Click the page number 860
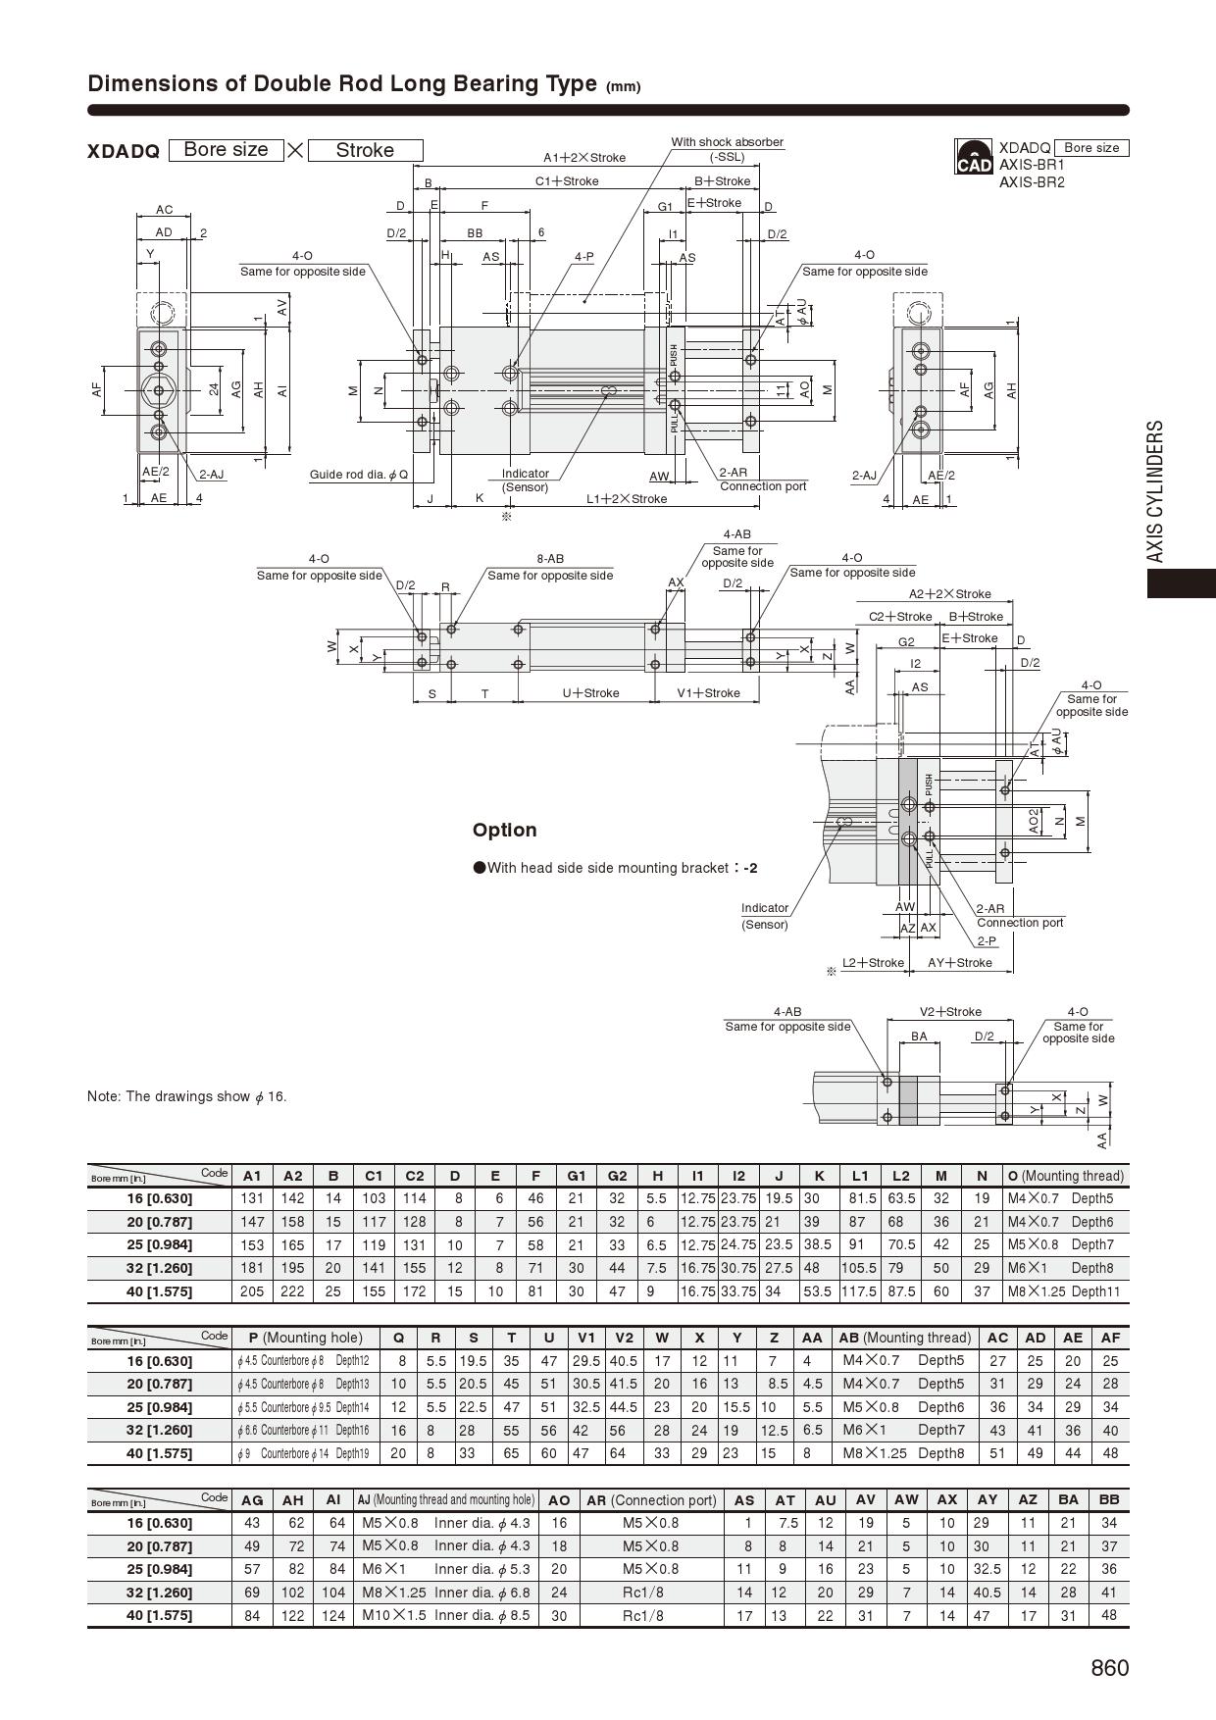(x=1109, y=1668)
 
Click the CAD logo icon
(x=974, y=158)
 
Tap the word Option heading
(x=504, y=830)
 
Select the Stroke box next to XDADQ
(x=365, y=150)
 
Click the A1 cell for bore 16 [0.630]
(x=252, y=1198)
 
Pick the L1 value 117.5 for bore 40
(x=860, y=1291)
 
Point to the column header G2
(x=617, y=1176)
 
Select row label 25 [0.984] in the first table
(x=160, y=1244)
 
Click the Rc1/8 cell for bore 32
(x=651, y=1593)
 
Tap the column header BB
(x=1109, y=1499)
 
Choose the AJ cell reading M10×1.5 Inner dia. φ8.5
(x=445, y=1615)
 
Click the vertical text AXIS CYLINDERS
(x=1156, y=491)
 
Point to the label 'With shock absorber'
(x=727, y=142)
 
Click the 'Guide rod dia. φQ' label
(x=359, y=475)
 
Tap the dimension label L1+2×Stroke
(x=627, y=499)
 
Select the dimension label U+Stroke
(x=590, y=693)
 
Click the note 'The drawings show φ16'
(x=187, y=1096)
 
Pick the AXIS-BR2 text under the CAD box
(x=1031, y=182)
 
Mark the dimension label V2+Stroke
(x=949, y=1012)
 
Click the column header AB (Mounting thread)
(x=904, y=1338)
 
